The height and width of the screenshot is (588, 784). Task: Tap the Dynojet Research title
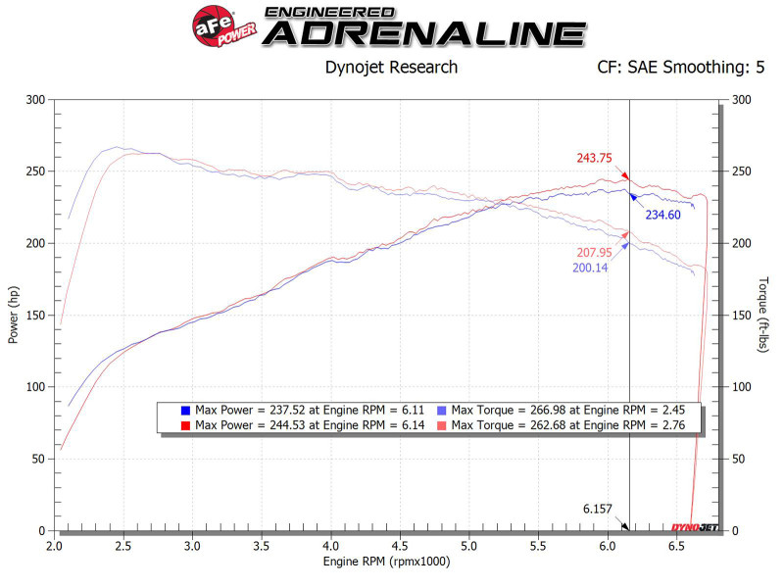coord(391,68)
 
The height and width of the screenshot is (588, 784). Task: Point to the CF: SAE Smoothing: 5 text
coord(680,68)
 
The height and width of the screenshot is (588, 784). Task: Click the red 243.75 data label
coord(595,158)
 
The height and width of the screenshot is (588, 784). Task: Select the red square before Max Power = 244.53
coord(185,424)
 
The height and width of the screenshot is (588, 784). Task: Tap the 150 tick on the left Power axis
coord(36,316)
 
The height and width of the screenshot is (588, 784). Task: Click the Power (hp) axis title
coord(14,315)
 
